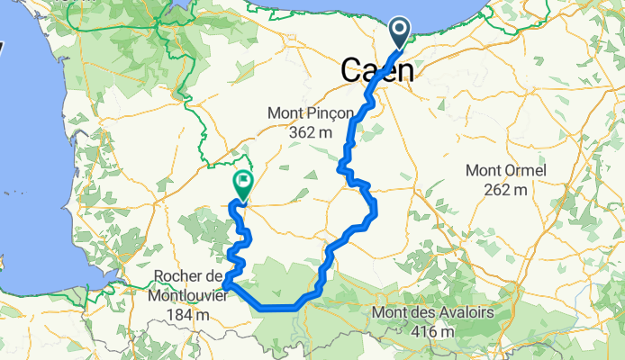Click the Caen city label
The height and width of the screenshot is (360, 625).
point(377,71)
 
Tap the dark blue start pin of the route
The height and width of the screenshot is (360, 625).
point(401,34)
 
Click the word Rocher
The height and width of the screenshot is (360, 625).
point(181,275)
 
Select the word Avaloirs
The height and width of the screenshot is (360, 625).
point(462,313)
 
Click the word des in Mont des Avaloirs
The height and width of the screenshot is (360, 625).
point(421,313)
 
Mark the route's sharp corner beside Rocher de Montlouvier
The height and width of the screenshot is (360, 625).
point(224,285)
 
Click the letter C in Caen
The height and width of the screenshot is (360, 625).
point(353,71)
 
